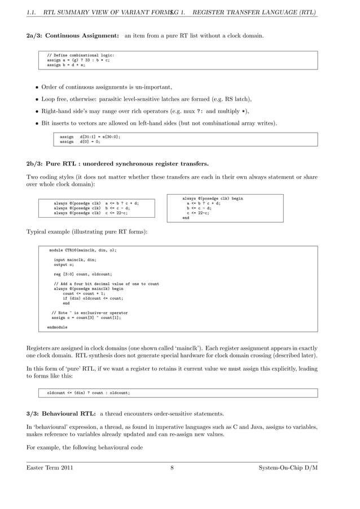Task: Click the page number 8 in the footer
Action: (172, 468)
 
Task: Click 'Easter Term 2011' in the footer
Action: (50, 468)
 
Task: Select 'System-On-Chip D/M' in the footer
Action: (288, 468)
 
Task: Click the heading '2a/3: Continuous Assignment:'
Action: (72, 36)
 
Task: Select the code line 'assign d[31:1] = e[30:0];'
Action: (90, 136)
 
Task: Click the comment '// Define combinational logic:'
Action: (80, 55)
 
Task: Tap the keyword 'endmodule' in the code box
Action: (57, 327)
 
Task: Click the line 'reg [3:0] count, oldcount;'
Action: (83, 274)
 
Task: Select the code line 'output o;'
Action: (64, 264)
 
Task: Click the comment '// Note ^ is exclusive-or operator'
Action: (90, 313)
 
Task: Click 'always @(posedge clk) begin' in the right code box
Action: (213, 199)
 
